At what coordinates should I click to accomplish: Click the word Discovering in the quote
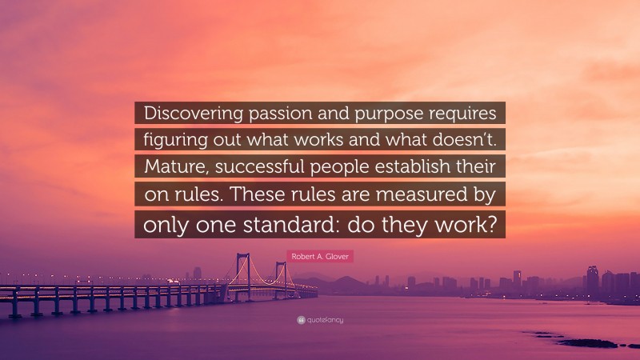click(x=191, y=112)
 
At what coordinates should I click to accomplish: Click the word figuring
click(x=174, y=138)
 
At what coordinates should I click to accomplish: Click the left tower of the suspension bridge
click(x=241, y=272)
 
